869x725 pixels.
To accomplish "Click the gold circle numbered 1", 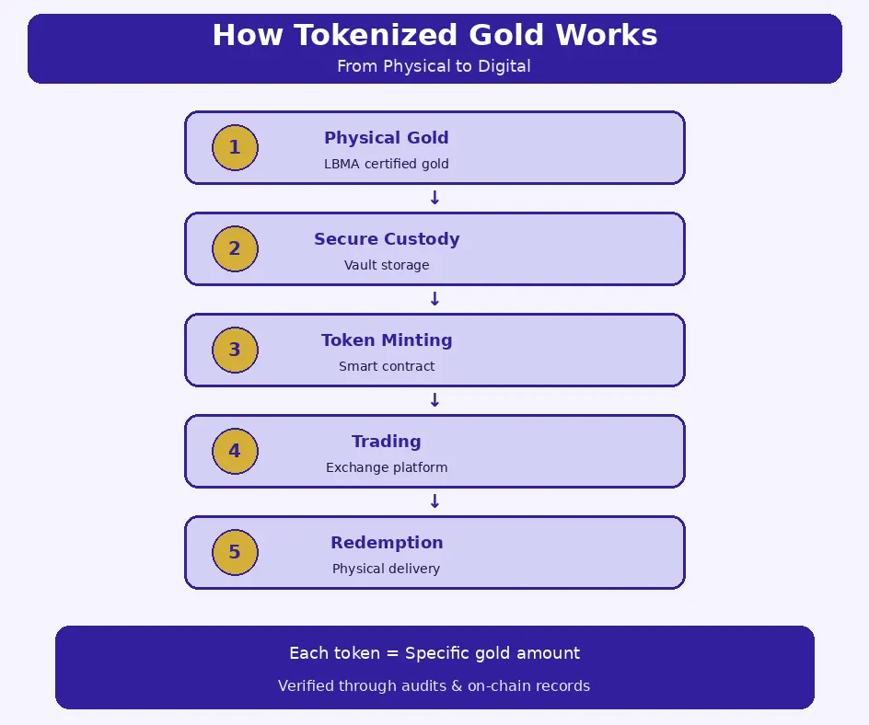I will coord(235,148).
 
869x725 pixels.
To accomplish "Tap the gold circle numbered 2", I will coord(235,249).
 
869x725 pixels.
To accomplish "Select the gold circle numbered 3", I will coord(235,351).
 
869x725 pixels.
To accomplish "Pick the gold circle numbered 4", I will coord(235,452).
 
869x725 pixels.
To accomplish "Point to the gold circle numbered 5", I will coord(235,553).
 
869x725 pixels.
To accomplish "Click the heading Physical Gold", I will coord(387,138).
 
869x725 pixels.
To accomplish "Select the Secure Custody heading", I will coord(387,239).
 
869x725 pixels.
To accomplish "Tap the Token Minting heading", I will coord(387,340).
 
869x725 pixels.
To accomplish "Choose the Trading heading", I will coord(387,442).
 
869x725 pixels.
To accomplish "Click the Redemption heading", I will coord(387,543).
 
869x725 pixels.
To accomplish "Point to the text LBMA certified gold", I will coord(387,165).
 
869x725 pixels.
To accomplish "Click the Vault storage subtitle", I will coord(387,266).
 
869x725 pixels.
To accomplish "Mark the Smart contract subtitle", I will coord(387,367).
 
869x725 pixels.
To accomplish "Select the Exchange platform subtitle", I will coord(387,468).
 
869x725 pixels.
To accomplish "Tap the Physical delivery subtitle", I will coord(387,570).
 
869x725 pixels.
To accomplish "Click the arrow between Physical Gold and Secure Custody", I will coord(434,198).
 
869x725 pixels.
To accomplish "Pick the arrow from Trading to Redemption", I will coord(434,501).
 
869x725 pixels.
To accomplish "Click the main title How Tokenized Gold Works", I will coord(434,36).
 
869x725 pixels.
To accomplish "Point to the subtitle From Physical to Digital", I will coord(434,66).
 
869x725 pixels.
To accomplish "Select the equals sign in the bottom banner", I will coord(392,654).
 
